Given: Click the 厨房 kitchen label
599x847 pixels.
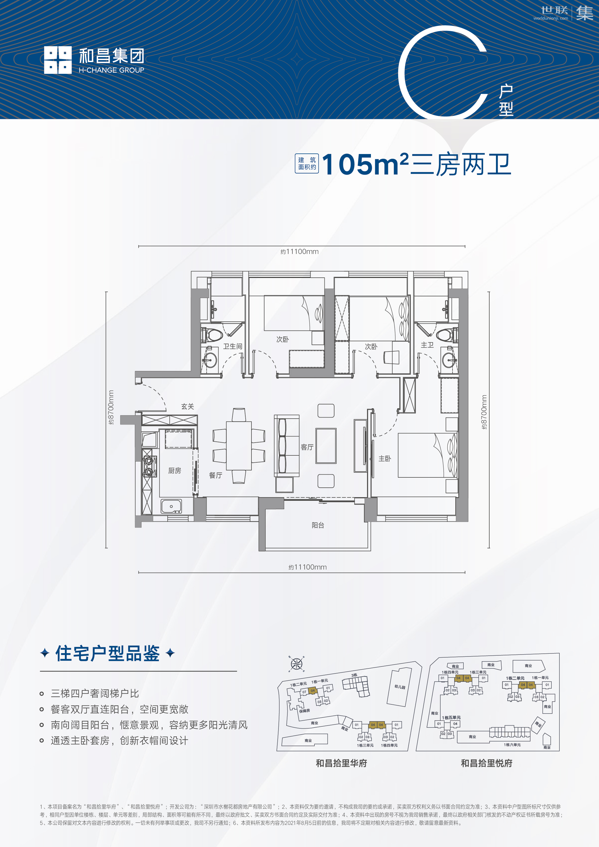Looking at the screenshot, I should click(174, 471).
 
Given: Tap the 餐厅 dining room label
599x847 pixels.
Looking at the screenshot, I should click(216, 475).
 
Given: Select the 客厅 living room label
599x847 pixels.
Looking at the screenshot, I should click(307, 447).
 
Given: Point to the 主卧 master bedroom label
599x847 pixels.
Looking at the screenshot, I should click(385, 458).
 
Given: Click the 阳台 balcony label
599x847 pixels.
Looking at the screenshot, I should click(317, 525).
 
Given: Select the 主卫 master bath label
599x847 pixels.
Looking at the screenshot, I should click(427, 345).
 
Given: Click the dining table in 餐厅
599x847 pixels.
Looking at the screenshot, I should click(239, 446).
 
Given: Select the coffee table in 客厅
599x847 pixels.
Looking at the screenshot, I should click(326, 446).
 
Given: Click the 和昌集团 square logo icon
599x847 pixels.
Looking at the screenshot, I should click(58, 60).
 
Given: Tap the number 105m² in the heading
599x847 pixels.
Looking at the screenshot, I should click(365, 165).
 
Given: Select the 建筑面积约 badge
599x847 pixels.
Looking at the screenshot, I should click(307, 164).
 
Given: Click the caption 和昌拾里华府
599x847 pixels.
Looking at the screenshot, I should click(341, 763).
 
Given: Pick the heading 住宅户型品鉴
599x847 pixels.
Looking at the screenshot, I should click(107, 654).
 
